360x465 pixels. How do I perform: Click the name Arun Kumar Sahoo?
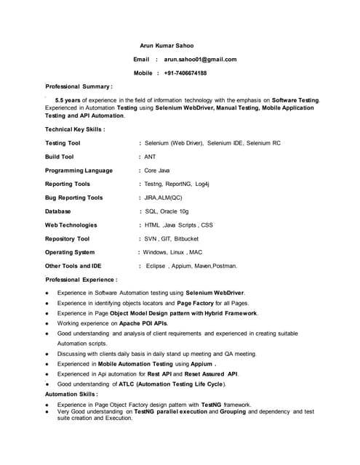point(167,46)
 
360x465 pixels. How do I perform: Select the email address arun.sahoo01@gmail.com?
point(200,60)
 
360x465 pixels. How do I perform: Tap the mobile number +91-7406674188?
point(185,73)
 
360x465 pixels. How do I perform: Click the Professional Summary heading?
point(79,86)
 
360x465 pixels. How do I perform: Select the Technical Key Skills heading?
point(75,129)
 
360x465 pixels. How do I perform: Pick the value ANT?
point(150,157)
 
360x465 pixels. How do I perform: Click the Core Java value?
point(156,171)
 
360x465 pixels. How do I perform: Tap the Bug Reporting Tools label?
point(73,198)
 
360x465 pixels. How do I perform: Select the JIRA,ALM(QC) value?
point(163,198)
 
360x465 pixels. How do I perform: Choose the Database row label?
point(57,211)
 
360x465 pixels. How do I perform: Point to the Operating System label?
point(69,253)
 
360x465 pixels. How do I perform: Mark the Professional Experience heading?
point(81,280)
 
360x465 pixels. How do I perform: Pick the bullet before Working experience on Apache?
point(47,323)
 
